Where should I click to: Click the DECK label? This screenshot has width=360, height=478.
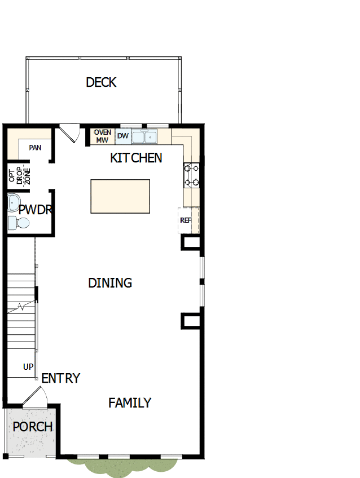pos(101,82)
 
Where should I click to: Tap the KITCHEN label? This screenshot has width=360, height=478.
pos(136,158)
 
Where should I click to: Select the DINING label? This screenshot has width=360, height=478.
pos(110,283)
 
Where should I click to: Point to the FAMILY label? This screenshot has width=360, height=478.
pos(130,403)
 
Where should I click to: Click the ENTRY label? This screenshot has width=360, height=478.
pos(60,378)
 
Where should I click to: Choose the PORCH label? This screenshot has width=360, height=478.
pos(33,427)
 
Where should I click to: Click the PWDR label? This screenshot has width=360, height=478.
pos(36,210)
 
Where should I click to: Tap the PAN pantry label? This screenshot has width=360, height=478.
pos(35,148)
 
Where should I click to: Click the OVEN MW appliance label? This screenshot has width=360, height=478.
pos(102,136)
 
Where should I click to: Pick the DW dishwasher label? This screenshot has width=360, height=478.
pos(122,136)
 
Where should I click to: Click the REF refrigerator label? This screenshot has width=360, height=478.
pos(186,220)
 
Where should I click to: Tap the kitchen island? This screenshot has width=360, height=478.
pos(120,196)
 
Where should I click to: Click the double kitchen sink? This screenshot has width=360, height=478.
pos(145,136)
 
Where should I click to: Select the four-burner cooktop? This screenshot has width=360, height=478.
pos(191,175)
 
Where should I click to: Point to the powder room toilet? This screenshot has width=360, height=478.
pos(19,223)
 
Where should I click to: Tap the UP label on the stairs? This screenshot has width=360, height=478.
pos(28,367)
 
